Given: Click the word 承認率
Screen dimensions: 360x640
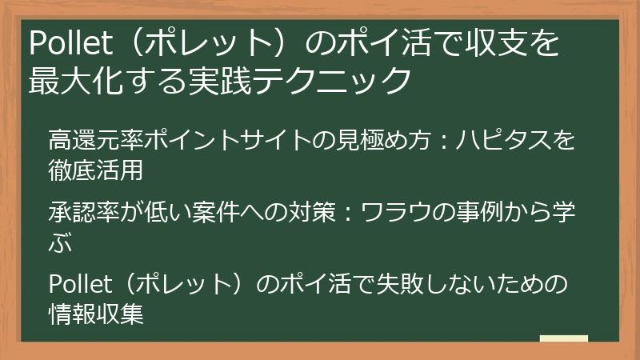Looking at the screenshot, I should (x=72, y=214).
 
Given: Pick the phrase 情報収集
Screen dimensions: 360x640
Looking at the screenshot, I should (x=95, y=314).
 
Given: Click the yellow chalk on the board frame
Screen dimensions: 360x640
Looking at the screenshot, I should (x=563, y=339).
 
